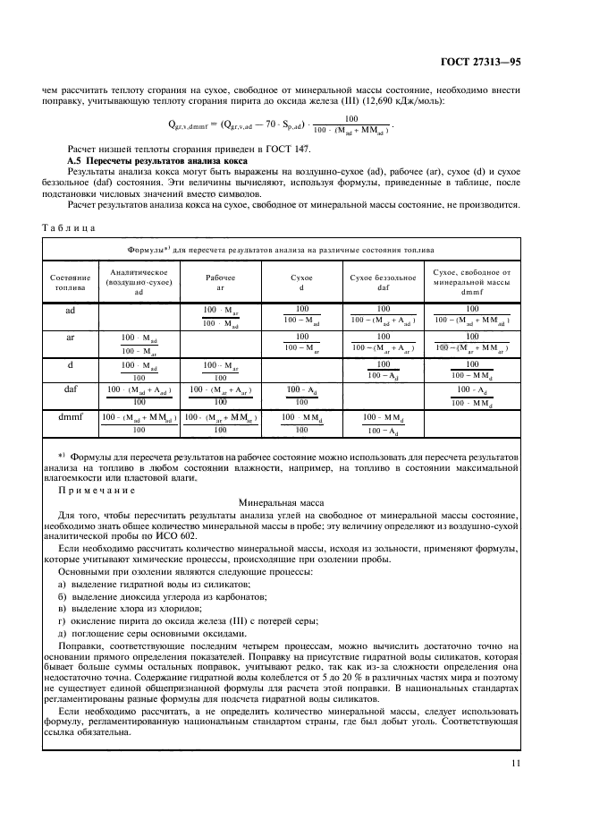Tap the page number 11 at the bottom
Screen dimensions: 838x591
tap(515, 764)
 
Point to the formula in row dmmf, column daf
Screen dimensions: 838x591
tap(383, 423)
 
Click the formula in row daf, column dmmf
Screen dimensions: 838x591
tap(471, 397)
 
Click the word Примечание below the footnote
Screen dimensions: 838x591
tap(97, 491)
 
